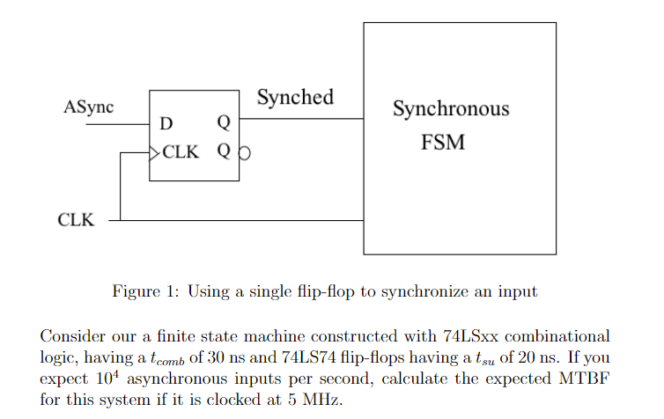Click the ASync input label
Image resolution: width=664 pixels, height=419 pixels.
click(x=89, y=108)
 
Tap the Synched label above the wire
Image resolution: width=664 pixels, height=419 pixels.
click(x=295, y=97)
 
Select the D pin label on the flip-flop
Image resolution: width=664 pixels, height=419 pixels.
click(x=166, y=125)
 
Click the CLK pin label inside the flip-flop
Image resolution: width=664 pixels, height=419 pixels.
click(x=181, y=151)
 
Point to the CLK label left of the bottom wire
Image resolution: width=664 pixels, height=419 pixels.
click(x=76, y=220)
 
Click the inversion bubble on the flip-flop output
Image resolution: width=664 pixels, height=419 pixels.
click(x=244, y=152)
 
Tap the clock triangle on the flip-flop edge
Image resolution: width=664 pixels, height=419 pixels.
click(x=155, y=151)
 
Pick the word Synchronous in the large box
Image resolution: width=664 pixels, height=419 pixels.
click(x=450, y=110)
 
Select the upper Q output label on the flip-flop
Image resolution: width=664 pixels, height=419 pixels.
click(x=223, y=124)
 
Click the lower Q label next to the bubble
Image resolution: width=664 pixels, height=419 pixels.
click(x=223, y=151)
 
